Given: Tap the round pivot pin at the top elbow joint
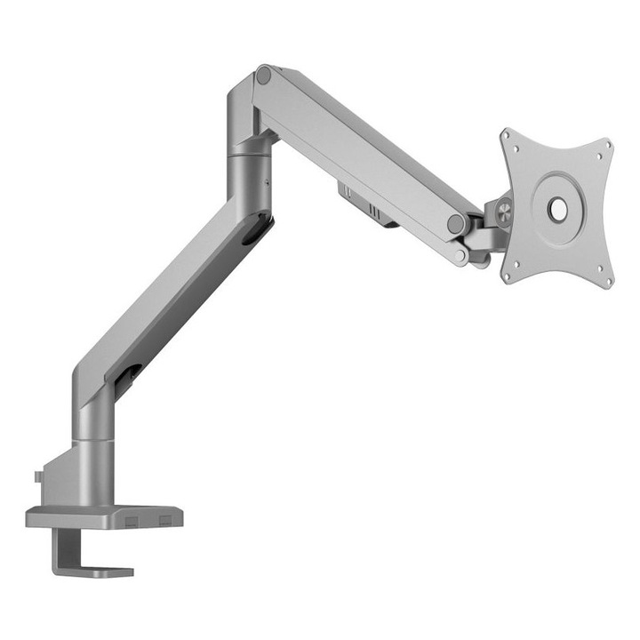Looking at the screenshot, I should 263,76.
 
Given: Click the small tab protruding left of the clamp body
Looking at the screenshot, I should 38,477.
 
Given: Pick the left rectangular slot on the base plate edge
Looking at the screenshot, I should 132,517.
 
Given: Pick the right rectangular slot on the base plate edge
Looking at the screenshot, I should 165,517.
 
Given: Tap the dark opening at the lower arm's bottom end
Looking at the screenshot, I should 127,378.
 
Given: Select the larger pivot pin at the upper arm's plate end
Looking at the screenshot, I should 456,224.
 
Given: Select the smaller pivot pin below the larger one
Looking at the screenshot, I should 460,256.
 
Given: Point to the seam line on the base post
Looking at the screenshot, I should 93,437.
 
